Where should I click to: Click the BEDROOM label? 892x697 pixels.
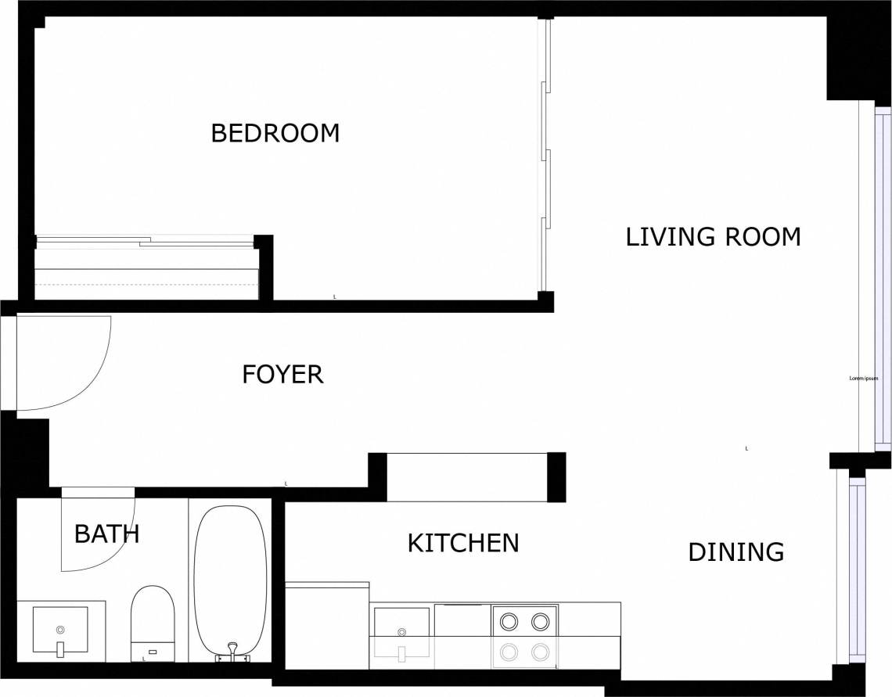[275, 133]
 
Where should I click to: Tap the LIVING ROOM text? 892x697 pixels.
[713, 236]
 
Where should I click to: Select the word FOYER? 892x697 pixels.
[282, 375]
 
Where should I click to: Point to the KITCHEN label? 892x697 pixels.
[463, 543]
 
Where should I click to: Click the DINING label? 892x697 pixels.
[736, 552]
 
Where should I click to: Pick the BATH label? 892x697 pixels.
[106, 534]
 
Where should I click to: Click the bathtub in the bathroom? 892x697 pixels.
[230, 579]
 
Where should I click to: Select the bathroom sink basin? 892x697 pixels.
[60, 629]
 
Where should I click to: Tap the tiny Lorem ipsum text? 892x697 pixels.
[864, 379]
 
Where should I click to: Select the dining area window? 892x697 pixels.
[858, 568]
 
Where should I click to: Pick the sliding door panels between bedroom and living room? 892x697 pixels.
[545, 156]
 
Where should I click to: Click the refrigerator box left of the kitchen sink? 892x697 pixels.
[327, 626]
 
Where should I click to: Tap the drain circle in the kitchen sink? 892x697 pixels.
[402, 632]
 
